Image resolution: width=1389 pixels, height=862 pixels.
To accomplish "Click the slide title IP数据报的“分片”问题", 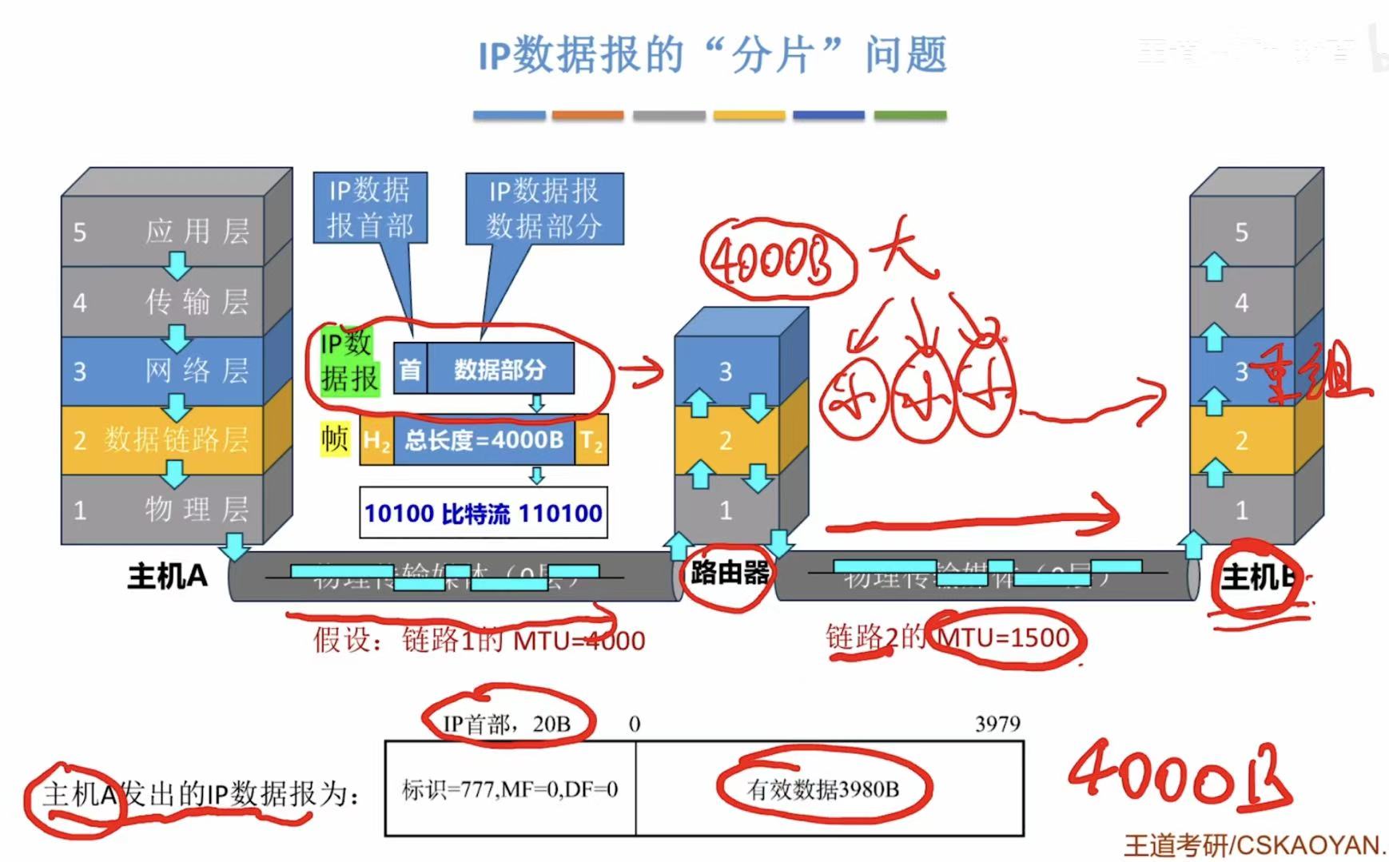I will tap(712, 56).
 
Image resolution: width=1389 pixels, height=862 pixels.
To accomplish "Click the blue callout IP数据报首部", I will tap(369, 208).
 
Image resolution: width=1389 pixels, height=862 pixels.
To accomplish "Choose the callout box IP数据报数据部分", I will tap(544, 209).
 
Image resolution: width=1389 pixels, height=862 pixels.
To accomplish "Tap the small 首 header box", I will tap(410, 370).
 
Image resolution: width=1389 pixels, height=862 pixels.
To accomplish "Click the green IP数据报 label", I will tap(348, 361).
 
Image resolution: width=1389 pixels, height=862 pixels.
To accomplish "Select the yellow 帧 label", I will tap(336, 439).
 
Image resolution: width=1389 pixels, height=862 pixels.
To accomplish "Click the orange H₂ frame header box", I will tap(376, 440).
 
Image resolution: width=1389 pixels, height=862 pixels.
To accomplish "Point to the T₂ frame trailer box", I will tap(591, 440).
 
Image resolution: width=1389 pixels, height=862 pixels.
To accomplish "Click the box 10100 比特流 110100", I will tap(483, 513).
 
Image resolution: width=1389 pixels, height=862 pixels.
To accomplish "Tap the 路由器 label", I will tap(729, 572).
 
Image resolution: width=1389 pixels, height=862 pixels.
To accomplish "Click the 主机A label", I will tap(168, 576).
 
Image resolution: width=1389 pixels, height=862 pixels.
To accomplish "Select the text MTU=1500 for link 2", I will tap(1004, 638).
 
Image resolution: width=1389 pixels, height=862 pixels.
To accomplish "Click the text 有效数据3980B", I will tap(823, 789).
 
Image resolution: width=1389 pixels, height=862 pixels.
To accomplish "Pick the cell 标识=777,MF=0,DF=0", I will tap(510, 789).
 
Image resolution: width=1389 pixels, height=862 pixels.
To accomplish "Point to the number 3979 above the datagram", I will tap(997, 724).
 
